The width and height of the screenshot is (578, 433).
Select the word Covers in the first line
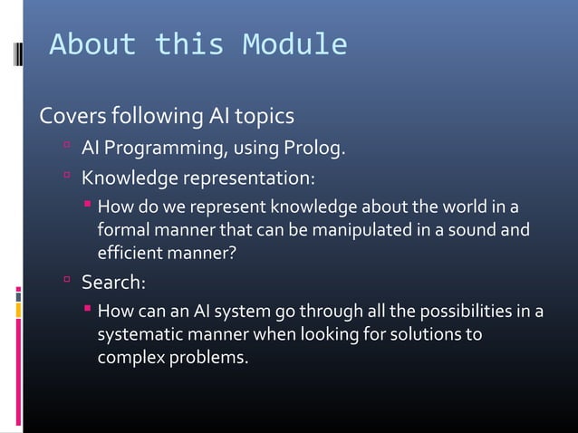pos(71,118)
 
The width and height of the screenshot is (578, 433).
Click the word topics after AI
pos(262,118)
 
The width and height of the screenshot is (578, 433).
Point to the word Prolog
pos(313,148)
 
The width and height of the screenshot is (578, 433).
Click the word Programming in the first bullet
pos(169,148)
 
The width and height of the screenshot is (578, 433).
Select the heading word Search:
pos(113,283)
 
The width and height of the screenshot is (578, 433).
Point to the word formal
pos(124,230)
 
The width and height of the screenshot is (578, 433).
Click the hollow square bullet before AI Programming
pos(67,147)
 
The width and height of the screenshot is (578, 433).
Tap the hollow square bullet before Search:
pos(67,282)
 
